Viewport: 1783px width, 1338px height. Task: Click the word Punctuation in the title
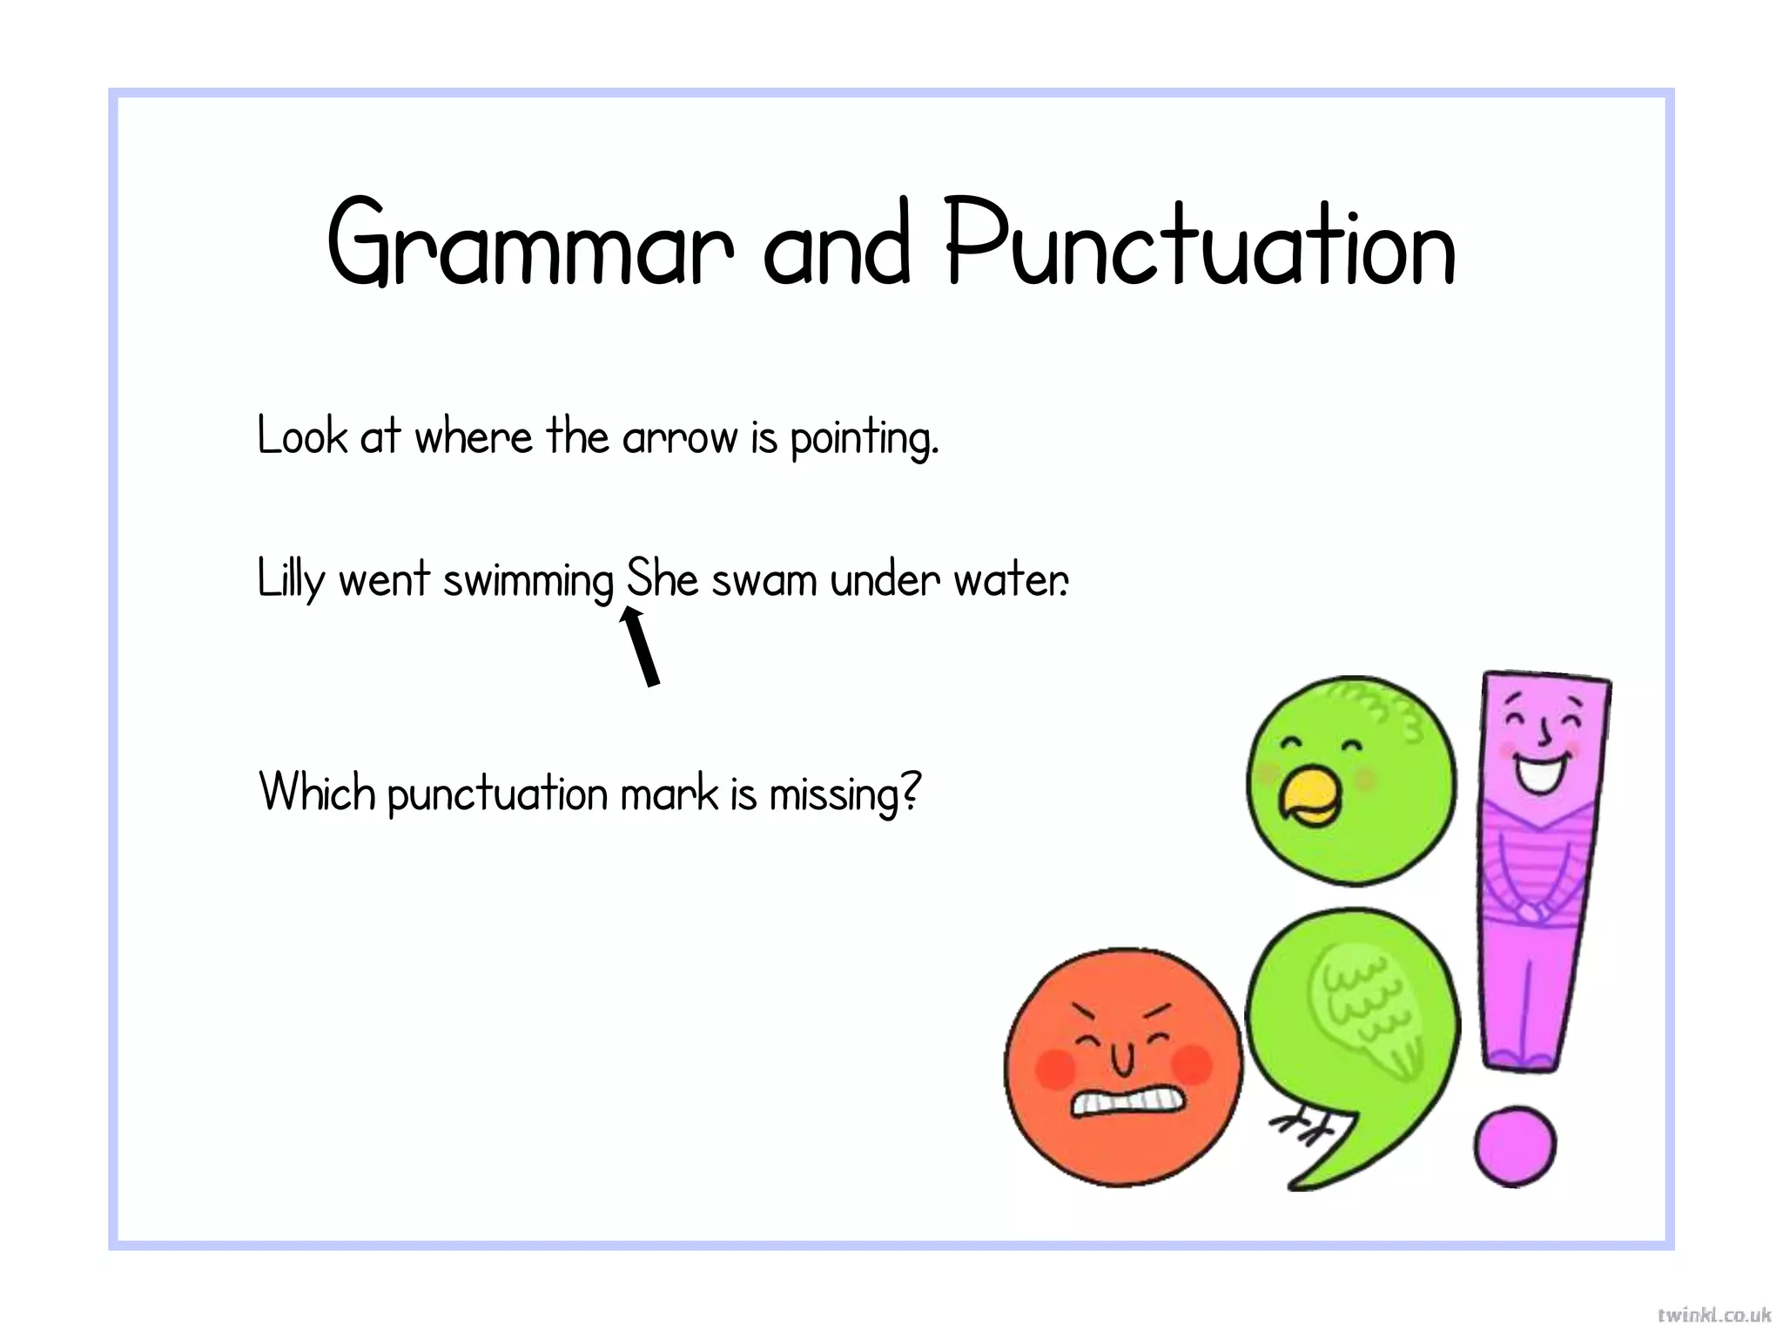(x=1201, y=245)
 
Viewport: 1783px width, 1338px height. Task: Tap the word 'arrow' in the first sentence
(x=679, y=437)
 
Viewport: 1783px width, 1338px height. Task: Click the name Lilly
(x=291, y=580)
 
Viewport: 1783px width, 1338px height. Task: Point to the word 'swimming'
(x=528, y=582)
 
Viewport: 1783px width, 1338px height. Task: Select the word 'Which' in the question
(x=317, y=793)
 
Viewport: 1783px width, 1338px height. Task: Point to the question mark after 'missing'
(x=910, y=791)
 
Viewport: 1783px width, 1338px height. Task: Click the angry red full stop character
(x=1123, y=1067)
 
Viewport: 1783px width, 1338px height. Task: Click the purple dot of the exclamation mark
(x=1515, y=1146)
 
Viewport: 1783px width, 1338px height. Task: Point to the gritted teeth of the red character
(x=1127, y=1102)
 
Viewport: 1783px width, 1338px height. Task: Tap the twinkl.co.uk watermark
(x=1713, y=1314)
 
